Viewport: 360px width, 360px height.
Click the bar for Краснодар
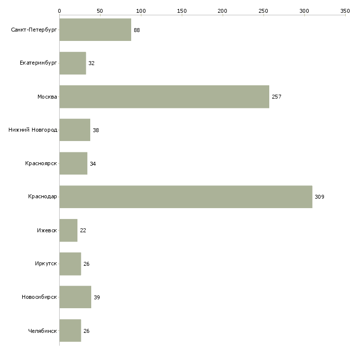tap(185, 197)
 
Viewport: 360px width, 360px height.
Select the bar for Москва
tap(164, 97)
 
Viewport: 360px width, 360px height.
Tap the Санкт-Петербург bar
tap(95, 30)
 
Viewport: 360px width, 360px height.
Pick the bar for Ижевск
tap(68, 230)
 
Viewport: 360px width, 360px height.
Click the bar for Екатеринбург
tap(72, 63)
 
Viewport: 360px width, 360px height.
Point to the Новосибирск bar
tap(75, 297)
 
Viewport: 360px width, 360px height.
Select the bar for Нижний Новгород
tap(74, 130)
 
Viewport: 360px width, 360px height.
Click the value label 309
tap(319, 197)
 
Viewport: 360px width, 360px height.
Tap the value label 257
tap(276, 97)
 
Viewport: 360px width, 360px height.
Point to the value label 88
tap(137, 30)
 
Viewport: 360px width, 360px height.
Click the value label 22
tap(83, 230)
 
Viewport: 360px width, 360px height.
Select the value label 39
tap(97, 297)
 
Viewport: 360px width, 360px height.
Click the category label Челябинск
tap(42, 331)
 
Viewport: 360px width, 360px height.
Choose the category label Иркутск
tap(46, 264)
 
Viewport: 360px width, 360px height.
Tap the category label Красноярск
tap(41, 164)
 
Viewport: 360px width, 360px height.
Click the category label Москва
tap(47, 97)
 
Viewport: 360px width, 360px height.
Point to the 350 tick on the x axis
tap(345, 10)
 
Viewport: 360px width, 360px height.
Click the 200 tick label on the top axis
tap(222, 10)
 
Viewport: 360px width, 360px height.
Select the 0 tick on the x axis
tap(59, 10)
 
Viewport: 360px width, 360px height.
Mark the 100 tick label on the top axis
tap(141, 10)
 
